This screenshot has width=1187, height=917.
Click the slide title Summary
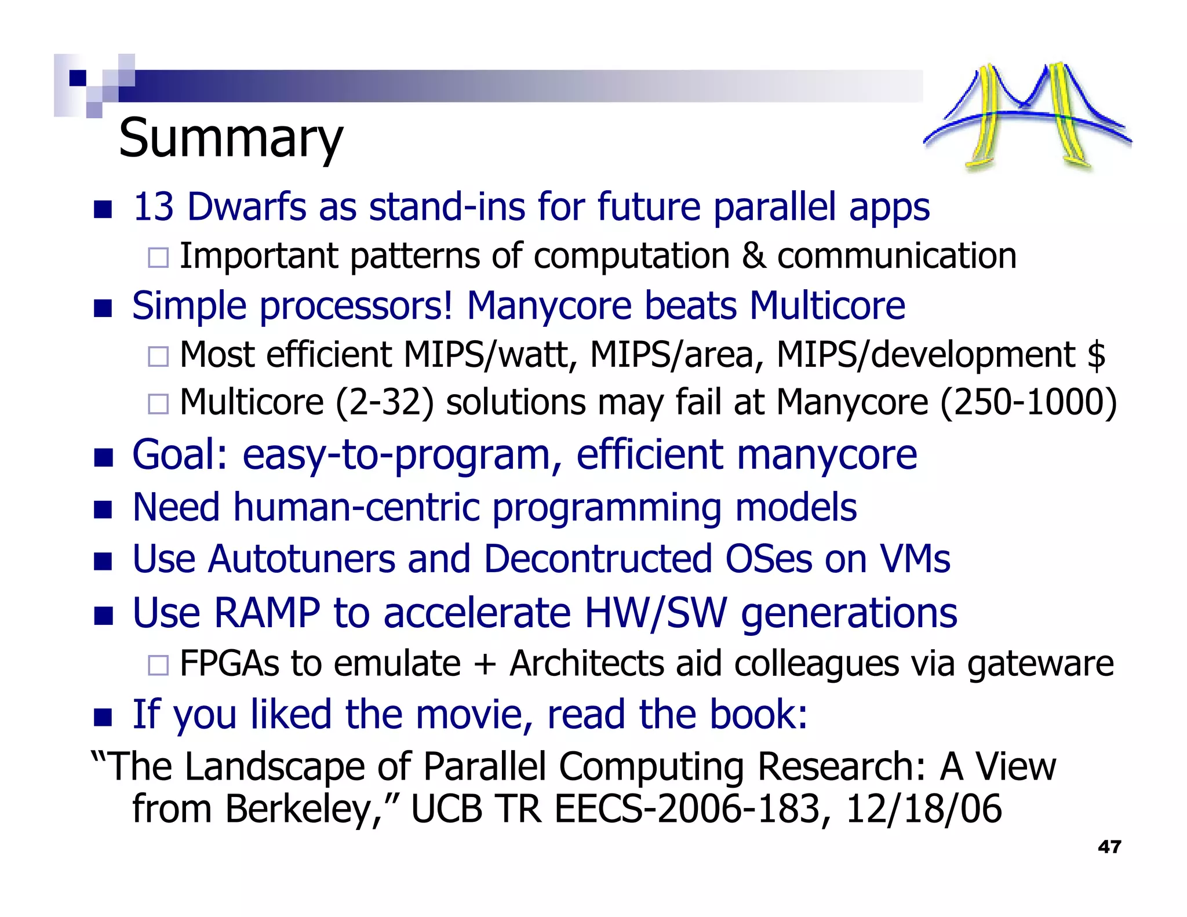coord(231,139)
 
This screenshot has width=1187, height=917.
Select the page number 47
coord(1109,847)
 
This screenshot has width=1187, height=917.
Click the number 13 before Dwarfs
coord(153,207)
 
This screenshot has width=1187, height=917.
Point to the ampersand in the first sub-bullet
coord(753,256)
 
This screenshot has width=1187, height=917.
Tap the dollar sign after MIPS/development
coord(1096,355)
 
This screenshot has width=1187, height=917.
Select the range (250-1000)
coord(1028,403)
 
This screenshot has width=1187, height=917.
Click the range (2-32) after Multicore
coord(384,403)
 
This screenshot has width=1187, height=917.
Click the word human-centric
coord(356,508)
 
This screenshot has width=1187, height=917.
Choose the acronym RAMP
coord(267,613)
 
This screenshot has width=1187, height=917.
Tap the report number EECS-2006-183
coord(687,809)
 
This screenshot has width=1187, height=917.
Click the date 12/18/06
coord(923,809)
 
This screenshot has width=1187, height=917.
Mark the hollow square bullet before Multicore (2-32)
coord(158,403)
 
